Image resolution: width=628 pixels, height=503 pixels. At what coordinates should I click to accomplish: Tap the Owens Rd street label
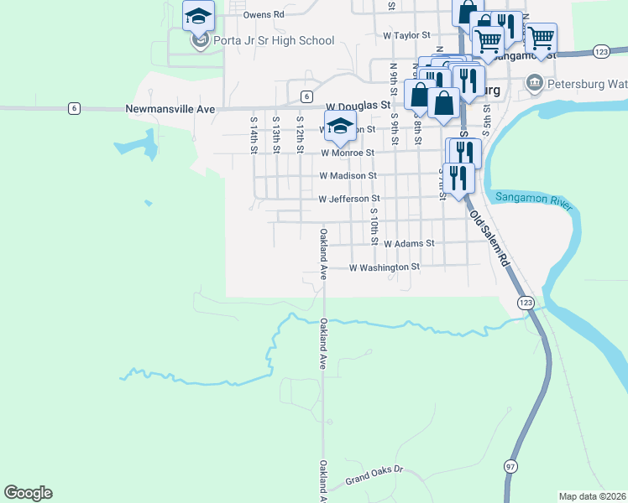(x=263, y=14)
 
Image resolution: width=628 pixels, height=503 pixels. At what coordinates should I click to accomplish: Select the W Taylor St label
(x=406, y=36)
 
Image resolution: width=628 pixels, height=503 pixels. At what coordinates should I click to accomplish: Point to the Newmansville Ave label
(x=170, y=109)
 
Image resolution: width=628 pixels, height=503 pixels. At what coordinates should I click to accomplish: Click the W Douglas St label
(x=358, y=106)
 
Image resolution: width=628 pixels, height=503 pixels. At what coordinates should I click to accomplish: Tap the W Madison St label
(x=348, y=176)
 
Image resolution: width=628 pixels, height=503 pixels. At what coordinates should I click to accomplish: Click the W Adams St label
(x=408, y=243)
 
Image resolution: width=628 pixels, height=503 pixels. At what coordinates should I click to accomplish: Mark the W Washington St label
(x=384, y=267)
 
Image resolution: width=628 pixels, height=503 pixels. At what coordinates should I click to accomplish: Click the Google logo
(x=28, y=492)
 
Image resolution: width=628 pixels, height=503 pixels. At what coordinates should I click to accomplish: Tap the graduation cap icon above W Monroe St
(x=340, y=125)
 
